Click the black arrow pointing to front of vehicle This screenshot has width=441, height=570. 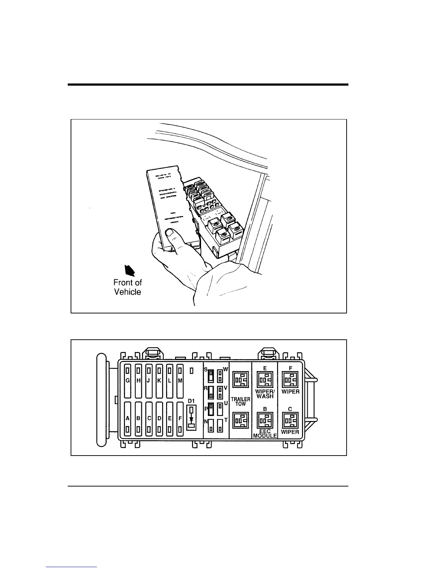coord(129,270)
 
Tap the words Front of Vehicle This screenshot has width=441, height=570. coord(128,287)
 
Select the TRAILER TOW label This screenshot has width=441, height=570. coord(241,402)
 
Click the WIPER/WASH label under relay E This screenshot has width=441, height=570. coord(265,394)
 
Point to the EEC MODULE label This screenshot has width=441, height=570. coord(265,433)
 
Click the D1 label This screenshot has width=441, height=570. coord(191,401)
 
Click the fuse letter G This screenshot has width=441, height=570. coord(128,380)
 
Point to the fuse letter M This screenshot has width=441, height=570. coord(181,380)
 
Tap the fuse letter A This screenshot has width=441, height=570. coord(128,419)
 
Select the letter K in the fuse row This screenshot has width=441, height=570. coord(159,380)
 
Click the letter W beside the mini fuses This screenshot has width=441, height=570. coord(226,369)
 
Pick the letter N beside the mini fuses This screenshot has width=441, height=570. coord(206,421)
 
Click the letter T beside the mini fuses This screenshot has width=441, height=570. coord(226,420)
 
